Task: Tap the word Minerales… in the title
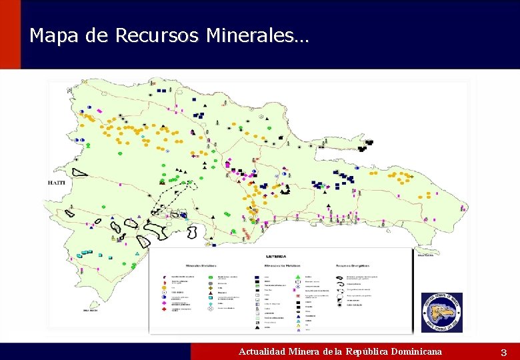257,35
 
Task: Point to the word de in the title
97,35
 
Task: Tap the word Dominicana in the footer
416,351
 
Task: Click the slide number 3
504,352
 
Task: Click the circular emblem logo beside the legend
441,312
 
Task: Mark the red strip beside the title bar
10,35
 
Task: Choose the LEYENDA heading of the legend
276,256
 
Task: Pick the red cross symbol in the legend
165,309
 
